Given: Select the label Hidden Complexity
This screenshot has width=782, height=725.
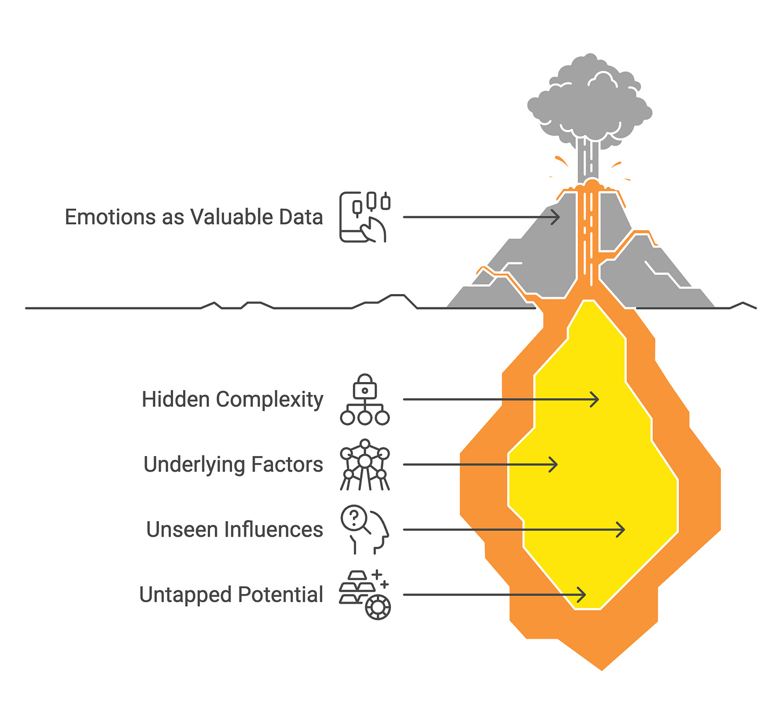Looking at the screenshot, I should tap(232, 400).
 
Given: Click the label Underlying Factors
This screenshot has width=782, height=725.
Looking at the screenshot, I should tap(233, 465).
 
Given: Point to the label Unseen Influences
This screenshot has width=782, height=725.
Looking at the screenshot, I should tap(234, 530).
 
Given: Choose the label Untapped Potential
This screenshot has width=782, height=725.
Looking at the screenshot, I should tap(231, 595).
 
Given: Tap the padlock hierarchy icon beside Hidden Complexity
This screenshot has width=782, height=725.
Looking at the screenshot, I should tap(365, 400).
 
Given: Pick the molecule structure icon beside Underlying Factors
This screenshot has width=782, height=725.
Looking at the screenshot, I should tap(365, 465).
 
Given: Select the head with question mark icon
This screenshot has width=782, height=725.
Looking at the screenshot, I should tap(365, 530).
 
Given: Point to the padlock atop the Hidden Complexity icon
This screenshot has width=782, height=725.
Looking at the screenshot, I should tap(365, 384).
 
